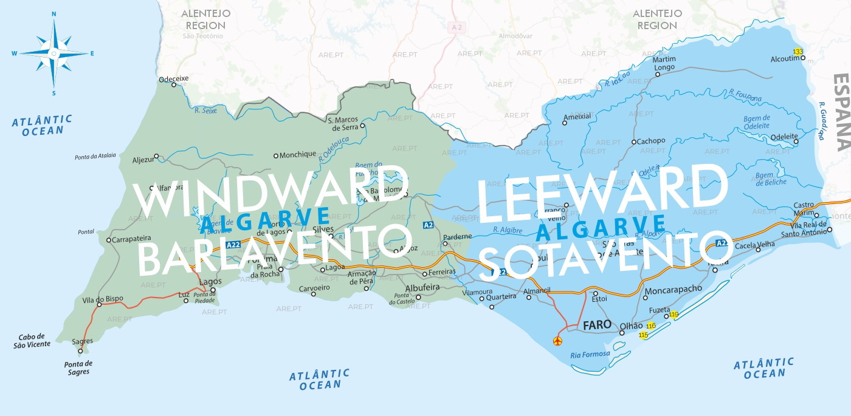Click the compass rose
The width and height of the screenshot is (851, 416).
coord(53,53)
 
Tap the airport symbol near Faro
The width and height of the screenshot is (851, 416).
coord(557,341)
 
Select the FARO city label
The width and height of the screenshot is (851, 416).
coord(596,326)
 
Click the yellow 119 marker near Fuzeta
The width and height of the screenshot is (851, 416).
coord(674,314)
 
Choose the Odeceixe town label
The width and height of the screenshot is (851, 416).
coord(174,79)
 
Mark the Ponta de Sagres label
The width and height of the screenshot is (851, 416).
coord(78,368)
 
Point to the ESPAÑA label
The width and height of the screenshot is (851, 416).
coord(841,112)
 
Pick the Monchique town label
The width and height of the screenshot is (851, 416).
coord(297,155)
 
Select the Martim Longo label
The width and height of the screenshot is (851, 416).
coord(664,63)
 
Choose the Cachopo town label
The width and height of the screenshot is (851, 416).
coord(651,142)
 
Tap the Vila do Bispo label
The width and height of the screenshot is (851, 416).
coord(102,299)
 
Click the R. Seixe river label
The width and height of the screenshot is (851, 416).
coord(206,111)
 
